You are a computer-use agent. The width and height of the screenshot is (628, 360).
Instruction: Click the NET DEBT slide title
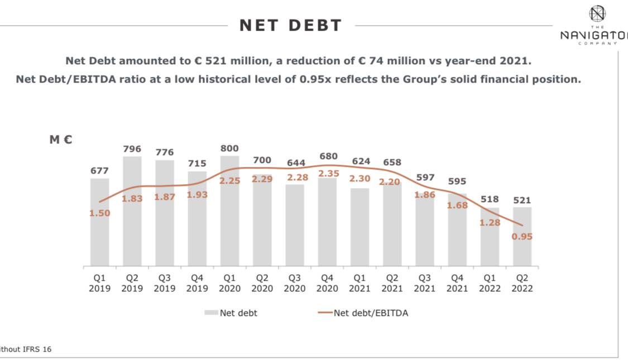point(290,25)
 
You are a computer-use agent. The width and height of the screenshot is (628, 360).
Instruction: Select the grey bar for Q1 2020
point(229,223)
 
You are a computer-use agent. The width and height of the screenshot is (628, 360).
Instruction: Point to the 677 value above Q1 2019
point(100,171)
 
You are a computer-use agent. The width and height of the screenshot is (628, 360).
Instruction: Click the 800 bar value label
point(229,148)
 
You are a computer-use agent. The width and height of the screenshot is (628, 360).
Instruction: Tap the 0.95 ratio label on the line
point(522,237)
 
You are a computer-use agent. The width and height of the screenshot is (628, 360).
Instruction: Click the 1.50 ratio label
point(100,213)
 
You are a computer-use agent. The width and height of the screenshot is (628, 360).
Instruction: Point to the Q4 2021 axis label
point(457,282)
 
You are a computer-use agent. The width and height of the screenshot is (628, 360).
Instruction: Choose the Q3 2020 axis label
point(294,282)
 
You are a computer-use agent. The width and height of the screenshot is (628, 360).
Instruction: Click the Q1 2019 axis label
point(100,282)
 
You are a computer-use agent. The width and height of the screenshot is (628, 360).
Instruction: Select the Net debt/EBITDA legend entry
point(363,313)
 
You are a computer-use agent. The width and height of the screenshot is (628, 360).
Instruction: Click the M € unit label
point(61,140)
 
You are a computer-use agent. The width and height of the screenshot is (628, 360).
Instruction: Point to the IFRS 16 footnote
point(28,349)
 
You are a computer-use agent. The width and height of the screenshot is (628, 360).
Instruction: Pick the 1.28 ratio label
point(490,223)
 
